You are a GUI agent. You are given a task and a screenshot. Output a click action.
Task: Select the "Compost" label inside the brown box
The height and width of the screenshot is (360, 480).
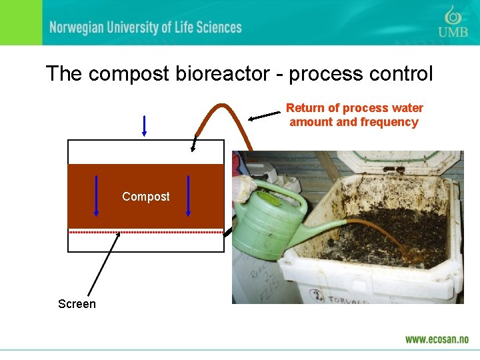(145, 197)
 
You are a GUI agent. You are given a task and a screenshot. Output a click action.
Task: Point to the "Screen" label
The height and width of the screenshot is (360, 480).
(77, 304)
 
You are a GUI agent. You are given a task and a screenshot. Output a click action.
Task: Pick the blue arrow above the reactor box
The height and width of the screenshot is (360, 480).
(144, 125)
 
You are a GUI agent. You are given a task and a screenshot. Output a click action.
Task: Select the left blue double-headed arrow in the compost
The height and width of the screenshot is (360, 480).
(97, 195)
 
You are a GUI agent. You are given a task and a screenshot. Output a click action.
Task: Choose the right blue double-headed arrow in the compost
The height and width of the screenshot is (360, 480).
(188, 195)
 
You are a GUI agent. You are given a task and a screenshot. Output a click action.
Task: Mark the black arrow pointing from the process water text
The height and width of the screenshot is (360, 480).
(265, 116)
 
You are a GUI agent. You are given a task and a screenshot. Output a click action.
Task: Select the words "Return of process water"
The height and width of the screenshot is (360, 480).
(354, 108)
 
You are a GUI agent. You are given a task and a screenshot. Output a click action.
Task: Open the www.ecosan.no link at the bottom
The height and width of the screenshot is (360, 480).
(437, 339)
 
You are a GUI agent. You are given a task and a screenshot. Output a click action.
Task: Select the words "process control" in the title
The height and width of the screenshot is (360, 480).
(363, 73)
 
